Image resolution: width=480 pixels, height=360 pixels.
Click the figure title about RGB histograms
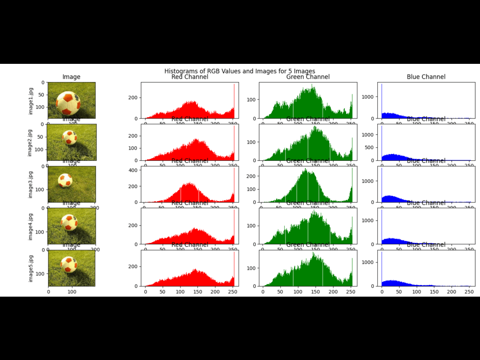click(x=240, y=71)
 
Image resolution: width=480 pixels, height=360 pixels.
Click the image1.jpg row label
click(x=31, y=100)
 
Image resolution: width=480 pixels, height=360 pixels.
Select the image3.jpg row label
click(x=31, y=184)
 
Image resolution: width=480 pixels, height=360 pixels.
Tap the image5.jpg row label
click(x=31, y=268)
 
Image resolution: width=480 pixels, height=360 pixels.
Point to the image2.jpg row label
click(x=31, y=143)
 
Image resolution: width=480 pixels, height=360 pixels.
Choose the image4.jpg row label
click(x=31, y=227)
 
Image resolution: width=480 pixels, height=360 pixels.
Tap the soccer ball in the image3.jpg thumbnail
click(x=65, y=180)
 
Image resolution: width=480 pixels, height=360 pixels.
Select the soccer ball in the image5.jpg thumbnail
click(x=69, y=264)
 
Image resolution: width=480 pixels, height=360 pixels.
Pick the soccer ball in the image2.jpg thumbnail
click(x=70, y=138)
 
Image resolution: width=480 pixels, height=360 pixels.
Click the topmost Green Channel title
click(x=308, y=77)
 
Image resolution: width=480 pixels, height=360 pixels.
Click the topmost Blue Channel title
click(x=426, y=77)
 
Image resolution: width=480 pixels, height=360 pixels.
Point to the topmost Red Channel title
click(x=190, y=77)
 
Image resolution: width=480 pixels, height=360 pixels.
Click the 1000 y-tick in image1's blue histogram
click(x=367, y=96)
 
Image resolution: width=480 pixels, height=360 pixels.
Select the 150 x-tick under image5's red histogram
click(x=198, y=291)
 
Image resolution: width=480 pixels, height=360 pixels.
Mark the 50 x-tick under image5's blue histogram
click(x=399, y=291)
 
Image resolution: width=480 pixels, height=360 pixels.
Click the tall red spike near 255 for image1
click(x=234, y=101)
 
